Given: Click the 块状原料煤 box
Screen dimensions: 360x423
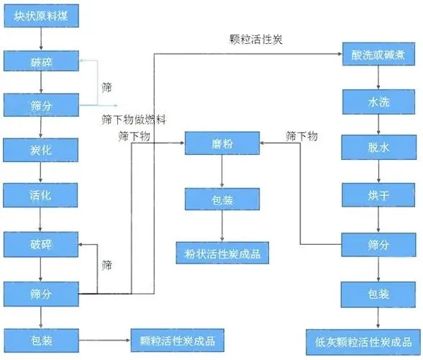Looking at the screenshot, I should click(x=40, y=16).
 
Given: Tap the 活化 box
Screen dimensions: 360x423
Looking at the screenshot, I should click(x=40, y=195).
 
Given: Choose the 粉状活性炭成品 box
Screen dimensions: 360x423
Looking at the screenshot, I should click(x=222, y=253).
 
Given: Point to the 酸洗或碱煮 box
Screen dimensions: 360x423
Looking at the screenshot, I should click(x=379, y=55).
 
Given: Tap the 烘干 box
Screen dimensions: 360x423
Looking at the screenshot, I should click(x=379, y=195).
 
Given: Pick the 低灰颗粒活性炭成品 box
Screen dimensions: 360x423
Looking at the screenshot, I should click(x=379, y=340).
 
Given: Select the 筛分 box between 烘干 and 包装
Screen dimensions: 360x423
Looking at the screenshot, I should click(x=379, y=246).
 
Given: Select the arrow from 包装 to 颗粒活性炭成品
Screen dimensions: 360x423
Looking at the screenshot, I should click(x=104, y=339).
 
